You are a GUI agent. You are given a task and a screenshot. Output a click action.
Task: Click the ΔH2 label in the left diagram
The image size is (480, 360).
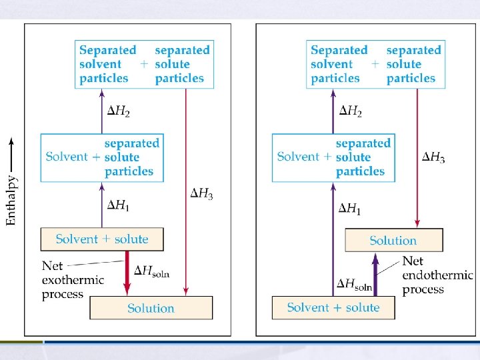click(119, 111)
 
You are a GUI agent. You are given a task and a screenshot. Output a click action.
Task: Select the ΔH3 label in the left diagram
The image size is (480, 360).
click(202, 193)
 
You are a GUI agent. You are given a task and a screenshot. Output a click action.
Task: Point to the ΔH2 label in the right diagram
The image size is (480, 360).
click(350, 111)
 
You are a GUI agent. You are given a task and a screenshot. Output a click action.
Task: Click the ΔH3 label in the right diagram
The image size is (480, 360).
click(433, 157)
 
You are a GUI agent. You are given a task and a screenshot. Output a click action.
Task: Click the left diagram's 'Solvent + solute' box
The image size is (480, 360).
click(101, 239)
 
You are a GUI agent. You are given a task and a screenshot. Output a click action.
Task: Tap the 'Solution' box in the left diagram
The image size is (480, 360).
click(151, 308)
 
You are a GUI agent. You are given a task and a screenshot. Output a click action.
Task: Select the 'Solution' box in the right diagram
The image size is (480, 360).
click(393, 241)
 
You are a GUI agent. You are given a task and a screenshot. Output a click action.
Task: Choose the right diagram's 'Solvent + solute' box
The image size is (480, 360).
click(333, 307)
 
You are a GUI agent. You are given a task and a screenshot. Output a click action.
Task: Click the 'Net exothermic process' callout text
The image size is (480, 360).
click(72, 279)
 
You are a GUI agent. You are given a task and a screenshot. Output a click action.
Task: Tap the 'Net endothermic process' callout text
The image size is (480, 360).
click(437, 275)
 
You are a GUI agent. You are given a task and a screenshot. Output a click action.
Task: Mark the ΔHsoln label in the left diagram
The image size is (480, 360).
click(154, 270)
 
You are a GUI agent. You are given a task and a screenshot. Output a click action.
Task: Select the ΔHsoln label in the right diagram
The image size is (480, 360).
click(354, 286)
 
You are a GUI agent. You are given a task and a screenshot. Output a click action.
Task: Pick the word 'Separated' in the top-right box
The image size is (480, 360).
click(339, 50)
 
